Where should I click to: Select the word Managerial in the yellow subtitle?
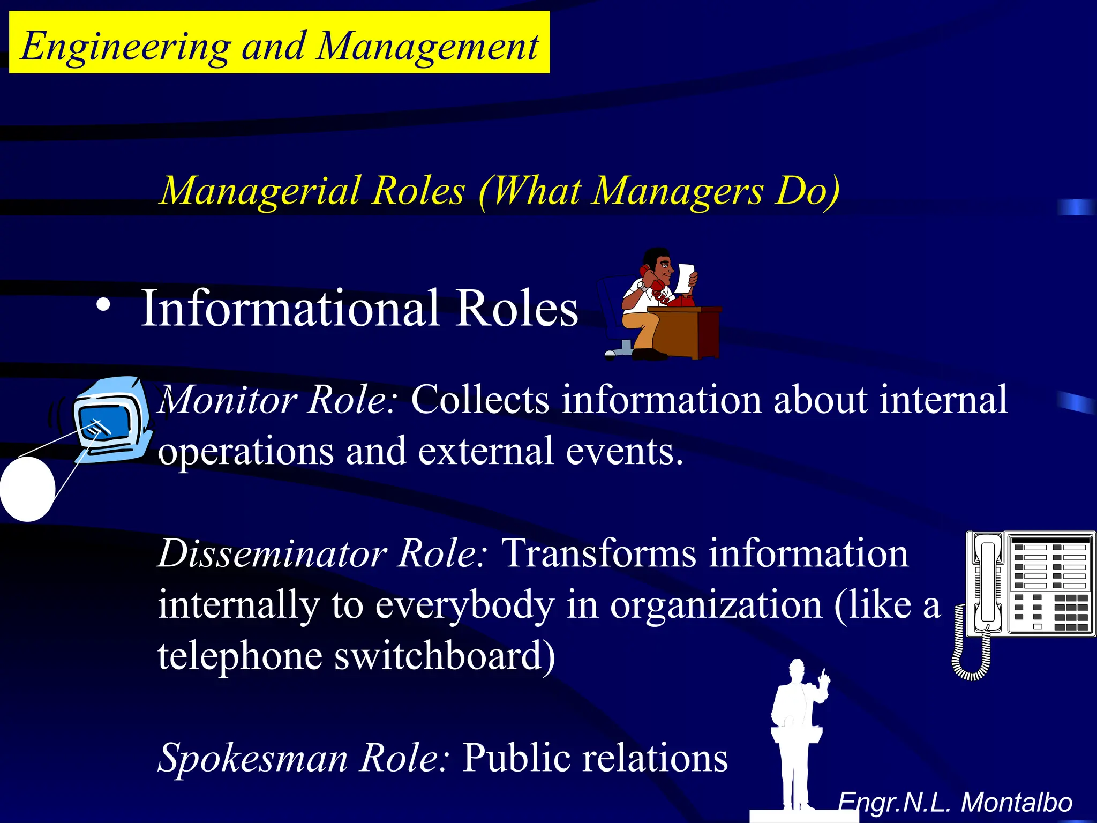coord(260,191)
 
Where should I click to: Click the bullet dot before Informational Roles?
coord(103,306)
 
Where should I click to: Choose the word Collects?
coord(480,400)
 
